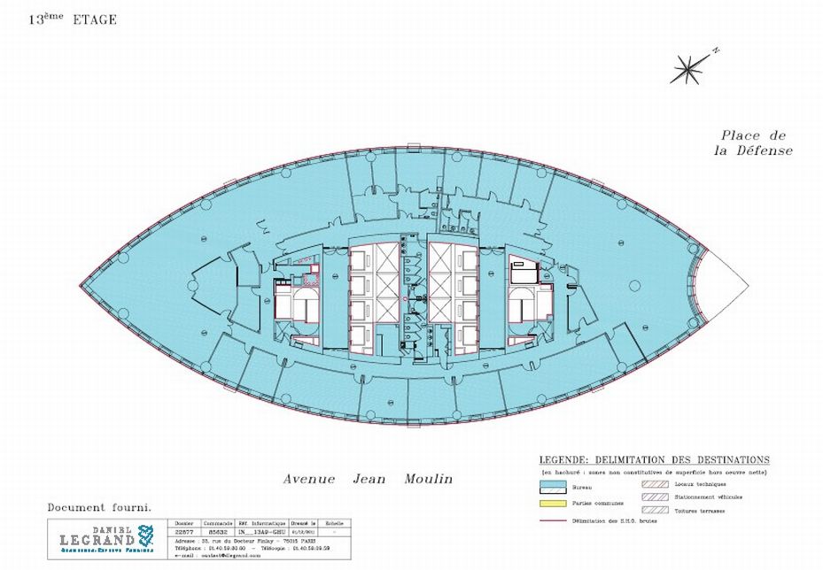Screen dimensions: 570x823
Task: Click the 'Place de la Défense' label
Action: pyautogui.click(x=753, y=142)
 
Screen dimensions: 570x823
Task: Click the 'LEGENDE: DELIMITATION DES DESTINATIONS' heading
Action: pyautogui.click(x=654, y=460)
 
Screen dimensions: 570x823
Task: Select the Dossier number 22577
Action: pyautogui.click(x=185, y=529)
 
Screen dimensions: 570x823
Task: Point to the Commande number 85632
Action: pyautogui.click(x=217, y=529)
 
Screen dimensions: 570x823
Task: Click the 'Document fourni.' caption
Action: pyautogui.click(x=99, y=508)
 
